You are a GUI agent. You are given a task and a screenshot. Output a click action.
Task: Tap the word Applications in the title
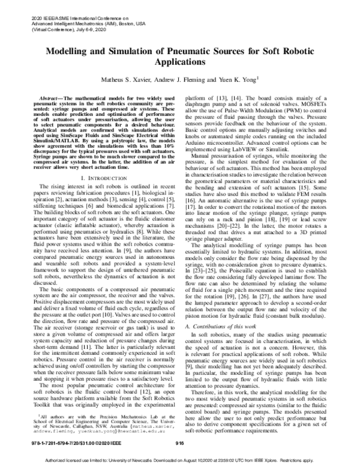179,62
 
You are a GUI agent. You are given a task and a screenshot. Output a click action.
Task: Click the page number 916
179,441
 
